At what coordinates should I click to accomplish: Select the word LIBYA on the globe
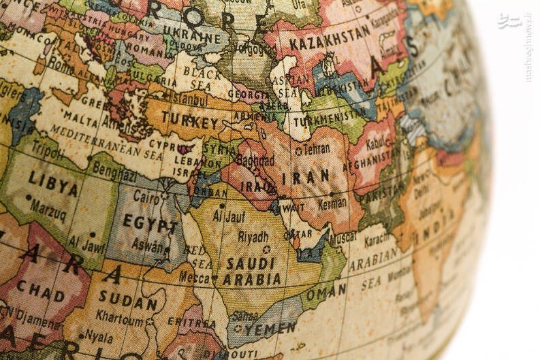pos(53,184)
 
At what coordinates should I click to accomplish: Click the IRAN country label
pos(310,178)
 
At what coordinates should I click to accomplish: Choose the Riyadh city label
pos(253,237)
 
